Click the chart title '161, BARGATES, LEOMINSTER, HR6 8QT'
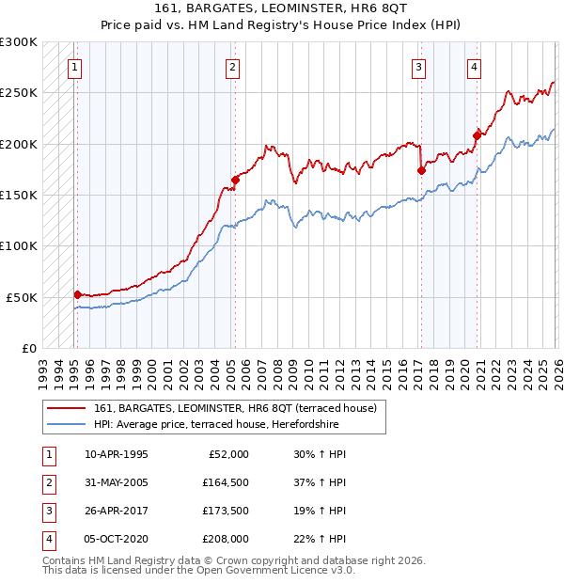pos(281,9)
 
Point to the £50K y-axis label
pos(22,297)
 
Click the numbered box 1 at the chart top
pos(73,67)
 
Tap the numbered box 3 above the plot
pos(418,67)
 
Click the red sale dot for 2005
pos(235,180)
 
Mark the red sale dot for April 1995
pos(77,294)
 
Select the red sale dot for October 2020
pos(477,135)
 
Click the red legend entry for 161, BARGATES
pos(235,408)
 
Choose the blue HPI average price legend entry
pos(235,424)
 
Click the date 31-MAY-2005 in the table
pos(117,481)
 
